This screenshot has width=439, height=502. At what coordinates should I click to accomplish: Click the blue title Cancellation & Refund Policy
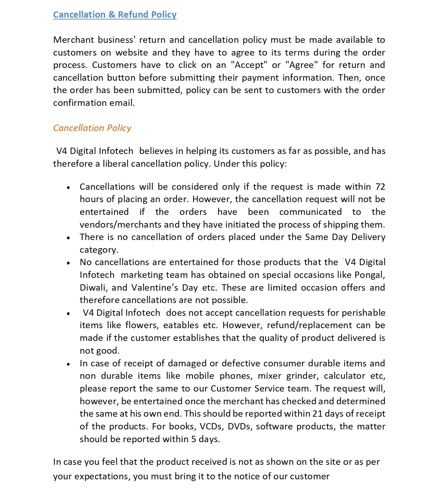click(115, 15)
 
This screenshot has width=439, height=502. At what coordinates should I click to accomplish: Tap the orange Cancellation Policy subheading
click(92, 128)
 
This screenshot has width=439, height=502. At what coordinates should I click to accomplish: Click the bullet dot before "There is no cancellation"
click(68, 238)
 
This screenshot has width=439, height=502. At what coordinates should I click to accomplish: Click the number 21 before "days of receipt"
click(318, 414)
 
